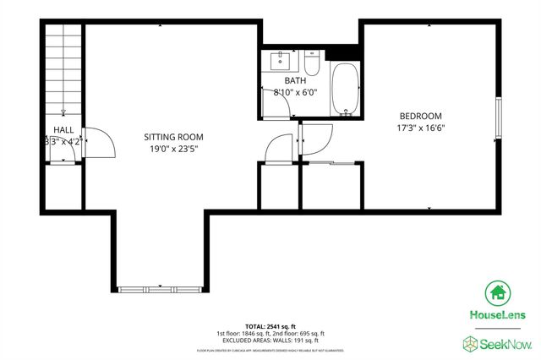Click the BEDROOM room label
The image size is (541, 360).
[419, 116]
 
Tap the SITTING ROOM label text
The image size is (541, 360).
[173, 137]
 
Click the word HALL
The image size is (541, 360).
[64, 129]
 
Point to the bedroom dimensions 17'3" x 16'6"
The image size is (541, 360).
[419, 128]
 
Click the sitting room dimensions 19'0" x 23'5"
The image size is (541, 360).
[173, 150]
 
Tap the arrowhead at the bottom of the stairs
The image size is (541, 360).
[64, 112]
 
